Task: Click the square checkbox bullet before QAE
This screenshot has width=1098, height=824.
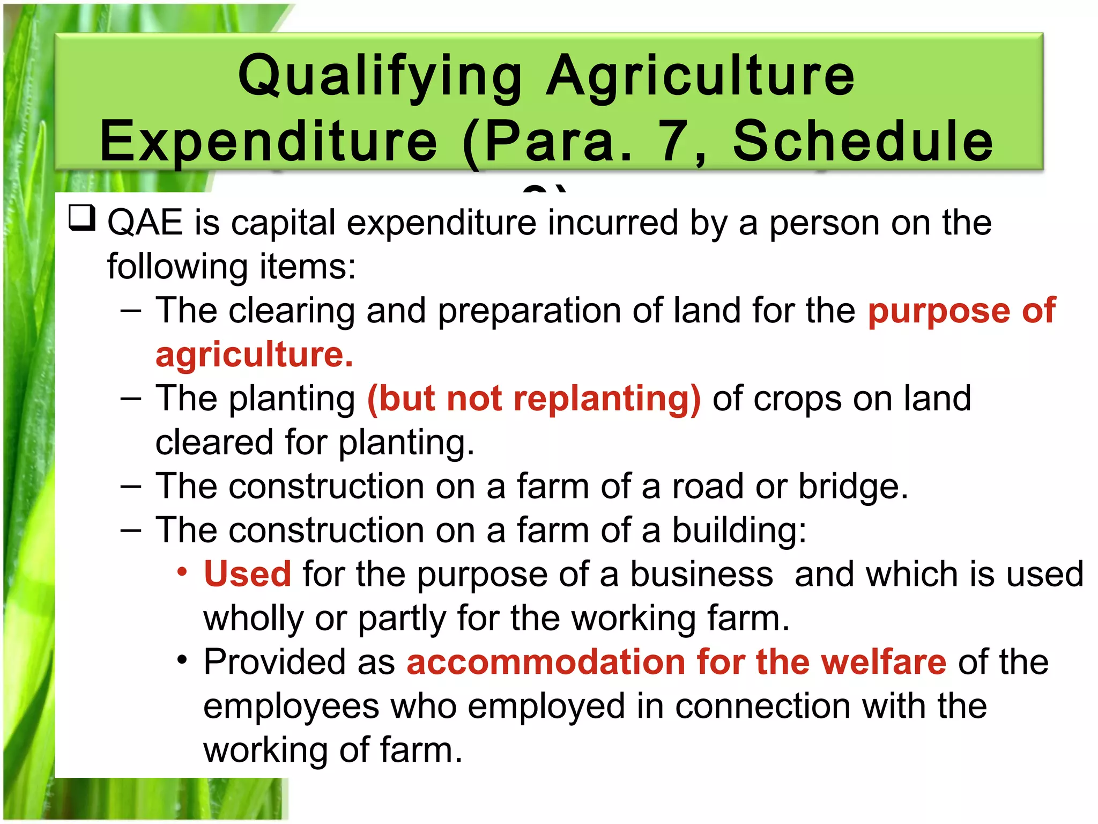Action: click(x=82, y=218)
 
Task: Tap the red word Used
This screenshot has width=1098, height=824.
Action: click(x=247, y=574)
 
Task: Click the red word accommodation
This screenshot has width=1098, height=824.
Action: click(x=546, y=662)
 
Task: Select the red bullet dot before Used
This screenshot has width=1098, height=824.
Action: click(x=182, y=572)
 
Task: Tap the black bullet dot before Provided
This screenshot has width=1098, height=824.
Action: click(x=182, y=660)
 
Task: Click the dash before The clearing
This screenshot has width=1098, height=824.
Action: click(x=131, y=311)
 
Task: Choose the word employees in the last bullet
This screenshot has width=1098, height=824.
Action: click(x=291, y=706)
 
